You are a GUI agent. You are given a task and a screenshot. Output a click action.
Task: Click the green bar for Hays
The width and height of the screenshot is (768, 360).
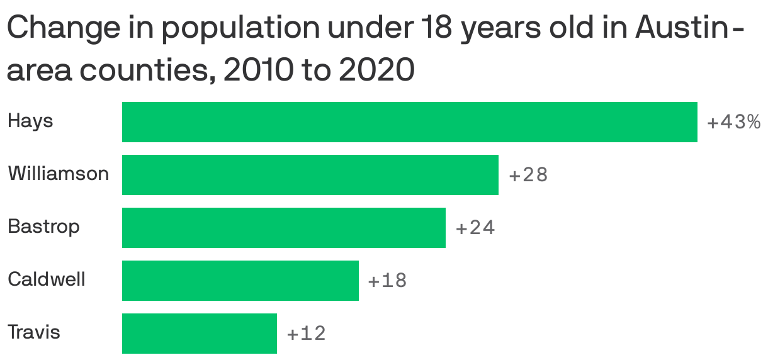coord(409,121)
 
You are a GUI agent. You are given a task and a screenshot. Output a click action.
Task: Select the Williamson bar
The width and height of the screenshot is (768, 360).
coord(310,174)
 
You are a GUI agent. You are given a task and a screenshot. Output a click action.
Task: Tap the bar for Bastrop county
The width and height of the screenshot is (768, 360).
coord(283,227)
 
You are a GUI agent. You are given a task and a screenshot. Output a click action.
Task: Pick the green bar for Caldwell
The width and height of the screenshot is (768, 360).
coord(240,280)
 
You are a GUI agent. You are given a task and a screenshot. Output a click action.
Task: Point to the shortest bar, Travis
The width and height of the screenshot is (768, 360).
coord(199,333)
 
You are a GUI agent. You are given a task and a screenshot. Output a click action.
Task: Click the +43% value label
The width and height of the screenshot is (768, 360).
coord(733,122)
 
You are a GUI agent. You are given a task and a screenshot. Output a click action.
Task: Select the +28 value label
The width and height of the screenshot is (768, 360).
coord(528,175)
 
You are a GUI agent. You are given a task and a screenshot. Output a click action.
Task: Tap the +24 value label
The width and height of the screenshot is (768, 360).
coord(475,228)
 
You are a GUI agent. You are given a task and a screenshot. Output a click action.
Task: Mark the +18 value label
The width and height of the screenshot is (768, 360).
coord(388,281)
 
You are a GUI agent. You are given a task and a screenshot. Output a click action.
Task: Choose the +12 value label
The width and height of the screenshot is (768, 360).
coord(307,334)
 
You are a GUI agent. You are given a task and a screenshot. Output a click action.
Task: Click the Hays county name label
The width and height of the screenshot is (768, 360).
coord(30,121)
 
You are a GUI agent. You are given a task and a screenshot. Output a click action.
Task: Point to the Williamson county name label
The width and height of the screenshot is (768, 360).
coord(58,173)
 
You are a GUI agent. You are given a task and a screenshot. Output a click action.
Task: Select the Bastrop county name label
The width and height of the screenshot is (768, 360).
coord(43,226)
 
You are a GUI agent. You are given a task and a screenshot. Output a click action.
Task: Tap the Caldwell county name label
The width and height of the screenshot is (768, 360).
coord(46,278)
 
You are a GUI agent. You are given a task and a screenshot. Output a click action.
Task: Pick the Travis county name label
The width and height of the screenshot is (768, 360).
coord(34,331)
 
